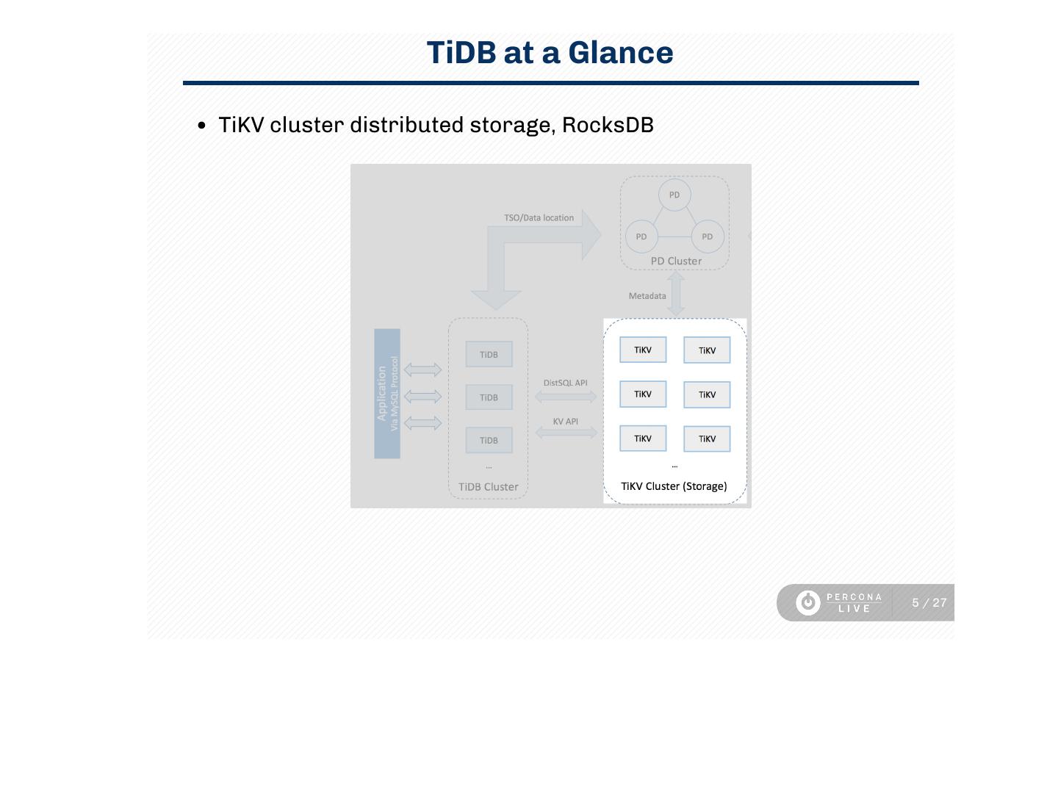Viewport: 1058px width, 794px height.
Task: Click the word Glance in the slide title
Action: [620, 53]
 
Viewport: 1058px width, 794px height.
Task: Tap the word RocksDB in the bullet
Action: [608, 125]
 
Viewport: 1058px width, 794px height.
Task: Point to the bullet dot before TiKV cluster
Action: [202, 126]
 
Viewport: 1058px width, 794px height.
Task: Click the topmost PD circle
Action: [674, 195]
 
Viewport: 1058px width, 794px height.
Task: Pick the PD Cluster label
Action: [676, 261]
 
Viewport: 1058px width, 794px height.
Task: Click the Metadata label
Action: [647, 296]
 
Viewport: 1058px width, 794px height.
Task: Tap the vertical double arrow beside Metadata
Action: [676, 294]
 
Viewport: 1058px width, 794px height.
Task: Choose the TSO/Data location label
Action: [539, 218]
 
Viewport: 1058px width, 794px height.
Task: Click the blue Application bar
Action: [387, 394]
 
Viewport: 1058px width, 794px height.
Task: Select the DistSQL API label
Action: [565, 383]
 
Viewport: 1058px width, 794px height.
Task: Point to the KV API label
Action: [565, 422]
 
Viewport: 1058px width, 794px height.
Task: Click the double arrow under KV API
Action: [566, 433]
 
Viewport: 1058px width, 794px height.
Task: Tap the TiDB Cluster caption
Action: [488, 487]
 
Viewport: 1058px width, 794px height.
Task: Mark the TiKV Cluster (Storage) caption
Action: [674, 486]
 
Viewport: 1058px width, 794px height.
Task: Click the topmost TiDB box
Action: [489, 355]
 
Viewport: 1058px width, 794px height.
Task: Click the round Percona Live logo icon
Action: [808, 603]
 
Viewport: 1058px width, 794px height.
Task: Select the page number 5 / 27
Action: [929, 603]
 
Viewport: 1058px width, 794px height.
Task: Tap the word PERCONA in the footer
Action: [854, 597]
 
